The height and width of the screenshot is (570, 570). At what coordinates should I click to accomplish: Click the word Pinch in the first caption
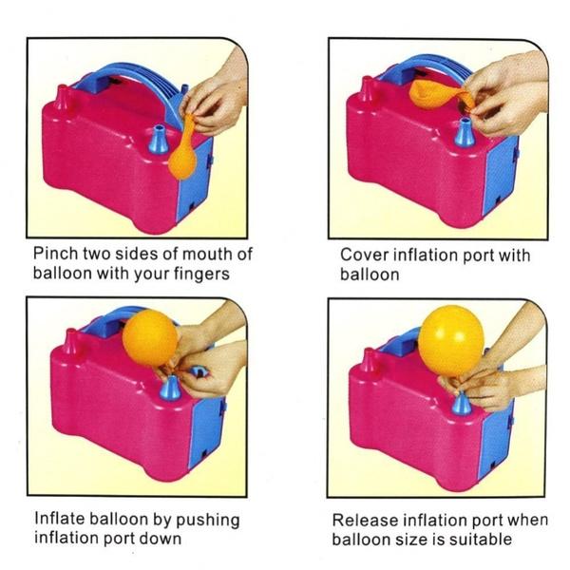54,254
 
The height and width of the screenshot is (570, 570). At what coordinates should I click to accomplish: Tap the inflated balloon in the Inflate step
149,336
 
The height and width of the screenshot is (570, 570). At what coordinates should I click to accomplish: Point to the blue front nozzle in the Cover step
464,133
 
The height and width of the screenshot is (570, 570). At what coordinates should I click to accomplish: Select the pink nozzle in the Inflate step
69,342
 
